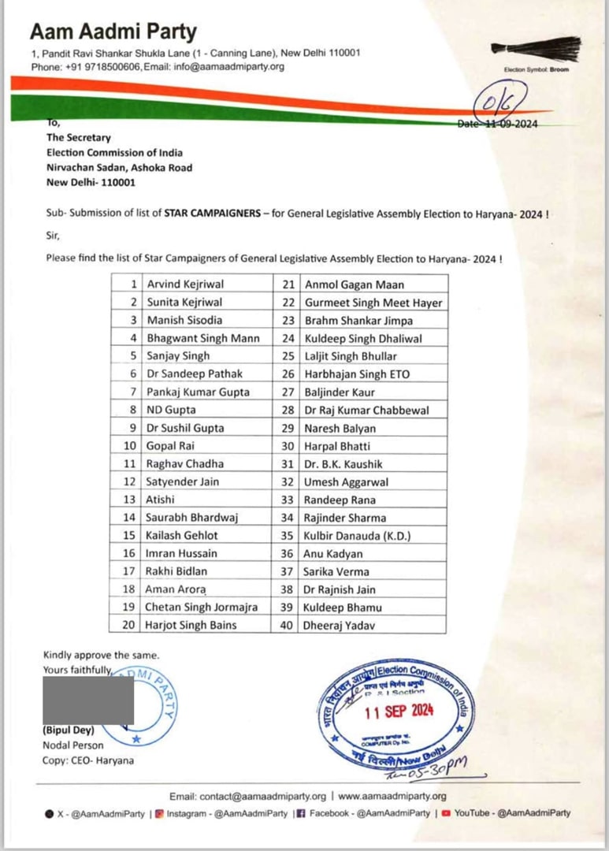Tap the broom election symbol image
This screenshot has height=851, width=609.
(x=536, y=47)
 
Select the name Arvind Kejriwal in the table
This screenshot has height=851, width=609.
(x=185, y=284)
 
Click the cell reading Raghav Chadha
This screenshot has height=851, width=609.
(x=185, y=463)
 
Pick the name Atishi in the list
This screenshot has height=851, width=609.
(x=162, y=500)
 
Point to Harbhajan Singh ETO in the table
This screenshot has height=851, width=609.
(x=357, y=373)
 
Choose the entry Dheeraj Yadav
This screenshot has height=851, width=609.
(x=340, y=626)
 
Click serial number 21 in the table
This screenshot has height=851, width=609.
(x=288, y=284)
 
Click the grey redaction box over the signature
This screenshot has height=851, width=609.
(x=88, y=700)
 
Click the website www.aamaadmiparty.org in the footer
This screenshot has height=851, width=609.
(x=392, y=796)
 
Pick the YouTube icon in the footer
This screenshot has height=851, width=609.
(x=446, y=813)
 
